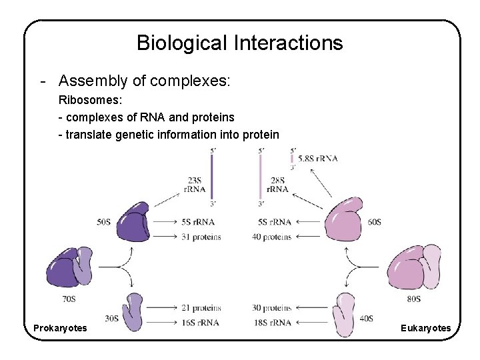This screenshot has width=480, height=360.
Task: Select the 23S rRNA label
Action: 195,184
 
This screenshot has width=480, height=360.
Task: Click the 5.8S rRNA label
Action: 318,158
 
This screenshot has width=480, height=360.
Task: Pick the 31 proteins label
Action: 201,237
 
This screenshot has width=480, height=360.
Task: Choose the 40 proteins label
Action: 271,237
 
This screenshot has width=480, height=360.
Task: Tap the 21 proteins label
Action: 201,308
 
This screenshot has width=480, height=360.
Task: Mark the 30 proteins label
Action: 271,308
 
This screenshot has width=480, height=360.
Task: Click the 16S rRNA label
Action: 199,323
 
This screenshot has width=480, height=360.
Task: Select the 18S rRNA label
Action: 272,323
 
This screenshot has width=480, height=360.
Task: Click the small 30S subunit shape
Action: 133,311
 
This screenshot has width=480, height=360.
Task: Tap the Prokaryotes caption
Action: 60,328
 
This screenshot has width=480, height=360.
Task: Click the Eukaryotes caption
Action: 425,328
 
